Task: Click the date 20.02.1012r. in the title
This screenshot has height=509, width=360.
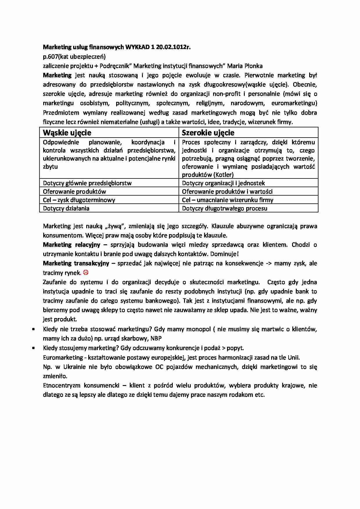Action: click(173, 47)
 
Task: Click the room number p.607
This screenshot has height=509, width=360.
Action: click(51, 57)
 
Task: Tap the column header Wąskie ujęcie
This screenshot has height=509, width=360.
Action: click(67, 133)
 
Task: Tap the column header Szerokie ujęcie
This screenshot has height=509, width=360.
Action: click(208, 133)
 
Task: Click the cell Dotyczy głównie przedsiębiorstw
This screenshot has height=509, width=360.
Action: click(87, 183)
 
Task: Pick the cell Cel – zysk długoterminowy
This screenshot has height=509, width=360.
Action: click(79, 200)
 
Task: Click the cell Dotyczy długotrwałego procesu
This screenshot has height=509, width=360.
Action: click(224, 208)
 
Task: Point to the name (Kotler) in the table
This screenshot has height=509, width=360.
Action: click(224, 175)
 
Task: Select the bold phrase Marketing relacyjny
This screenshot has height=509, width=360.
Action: click(71, 245)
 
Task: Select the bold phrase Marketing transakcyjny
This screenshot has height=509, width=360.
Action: click(76, 263)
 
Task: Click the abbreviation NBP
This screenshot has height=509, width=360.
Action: click(156, 338)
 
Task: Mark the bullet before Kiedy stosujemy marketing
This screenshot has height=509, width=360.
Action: click(34, 348)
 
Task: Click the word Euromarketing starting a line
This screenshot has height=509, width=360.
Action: click(63, 358)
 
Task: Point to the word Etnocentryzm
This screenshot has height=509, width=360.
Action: click(61, 385)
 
